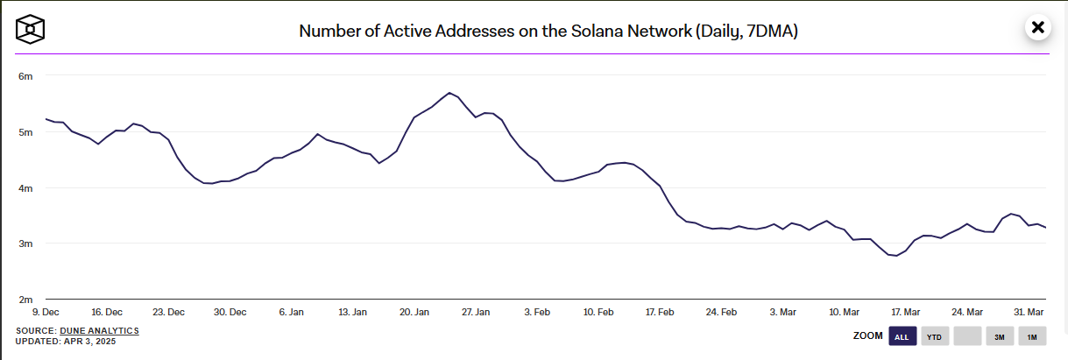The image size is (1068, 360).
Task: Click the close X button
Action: (x=1038, y=27)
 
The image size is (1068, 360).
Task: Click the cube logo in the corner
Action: (x=30, y=29)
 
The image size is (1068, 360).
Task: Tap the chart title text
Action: (x=548, y=31)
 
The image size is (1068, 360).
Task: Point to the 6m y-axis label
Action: (x=26, y=76)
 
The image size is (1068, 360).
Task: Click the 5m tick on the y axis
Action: (x=26, y=132)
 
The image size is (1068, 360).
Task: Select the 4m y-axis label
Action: (x=26, y=188)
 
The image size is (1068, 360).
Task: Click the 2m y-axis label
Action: (x=26, y=300)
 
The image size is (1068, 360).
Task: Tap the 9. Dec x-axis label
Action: (x=46, y=312)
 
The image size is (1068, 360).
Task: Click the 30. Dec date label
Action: (x=230, y=312)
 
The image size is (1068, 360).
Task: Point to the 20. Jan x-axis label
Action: (x=414, y=312)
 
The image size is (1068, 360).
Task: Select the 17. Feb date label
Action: (x=660, y=312)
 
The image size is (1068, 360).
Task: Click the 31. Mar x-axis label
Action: (x=1029, y=312)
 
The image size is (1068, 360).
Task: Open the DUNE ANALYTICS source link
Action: (x=99, y=330)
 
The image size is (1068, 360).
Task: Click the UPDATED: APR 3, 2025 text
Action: (x=66, y=341)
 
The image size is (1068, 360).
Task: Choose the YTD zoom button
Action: (x=934, y=336)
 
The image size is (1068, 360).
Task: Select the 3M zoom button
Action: (x=999, y=336)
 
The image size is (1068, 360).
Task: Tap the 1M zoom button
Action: (x=1032, y=336)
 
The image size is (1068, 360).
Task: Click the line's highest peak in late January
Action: (x=449, y=93)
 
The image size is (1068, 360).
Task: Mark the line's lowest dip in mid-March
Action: (x=896, y=256)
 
